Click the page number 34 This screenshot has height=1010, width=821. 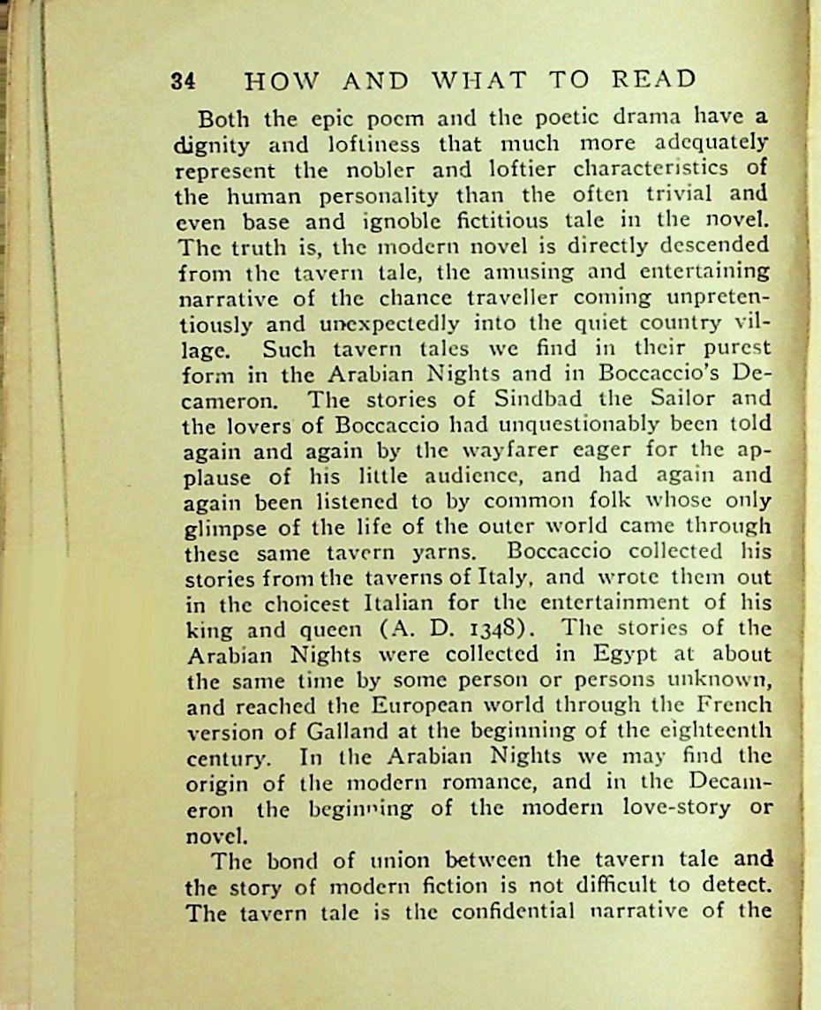183,81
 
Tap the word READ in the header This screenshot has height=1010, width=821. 654,80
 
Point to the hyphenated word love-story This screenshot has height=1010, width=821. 662,807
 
